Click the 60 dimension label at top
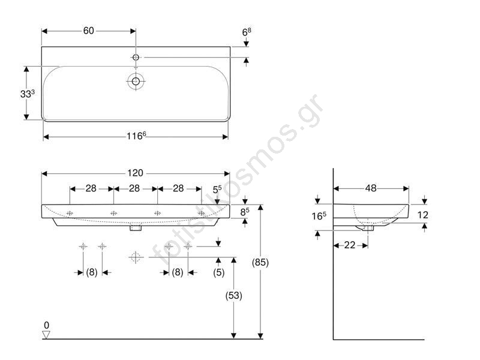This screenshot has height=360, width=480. [88, 31]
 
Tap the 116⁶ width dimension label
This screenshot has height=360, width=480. [136, 136]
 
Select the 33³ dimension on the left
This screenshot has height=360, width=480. [27, 94]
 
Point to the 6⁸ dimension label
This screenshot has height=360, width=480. [247, 32]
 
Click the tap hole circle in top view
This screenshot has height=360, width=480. [136, 57]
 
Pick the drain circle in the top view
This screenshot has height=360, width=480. [136, 81]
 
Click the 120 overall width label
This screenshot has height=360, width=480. [135, 173]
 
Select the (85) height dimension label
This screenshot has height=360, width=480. [260, 262]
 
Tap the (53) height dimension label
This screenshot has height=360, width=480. [233, 295]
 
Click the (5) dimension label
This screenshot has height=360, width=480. [218, 272]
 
